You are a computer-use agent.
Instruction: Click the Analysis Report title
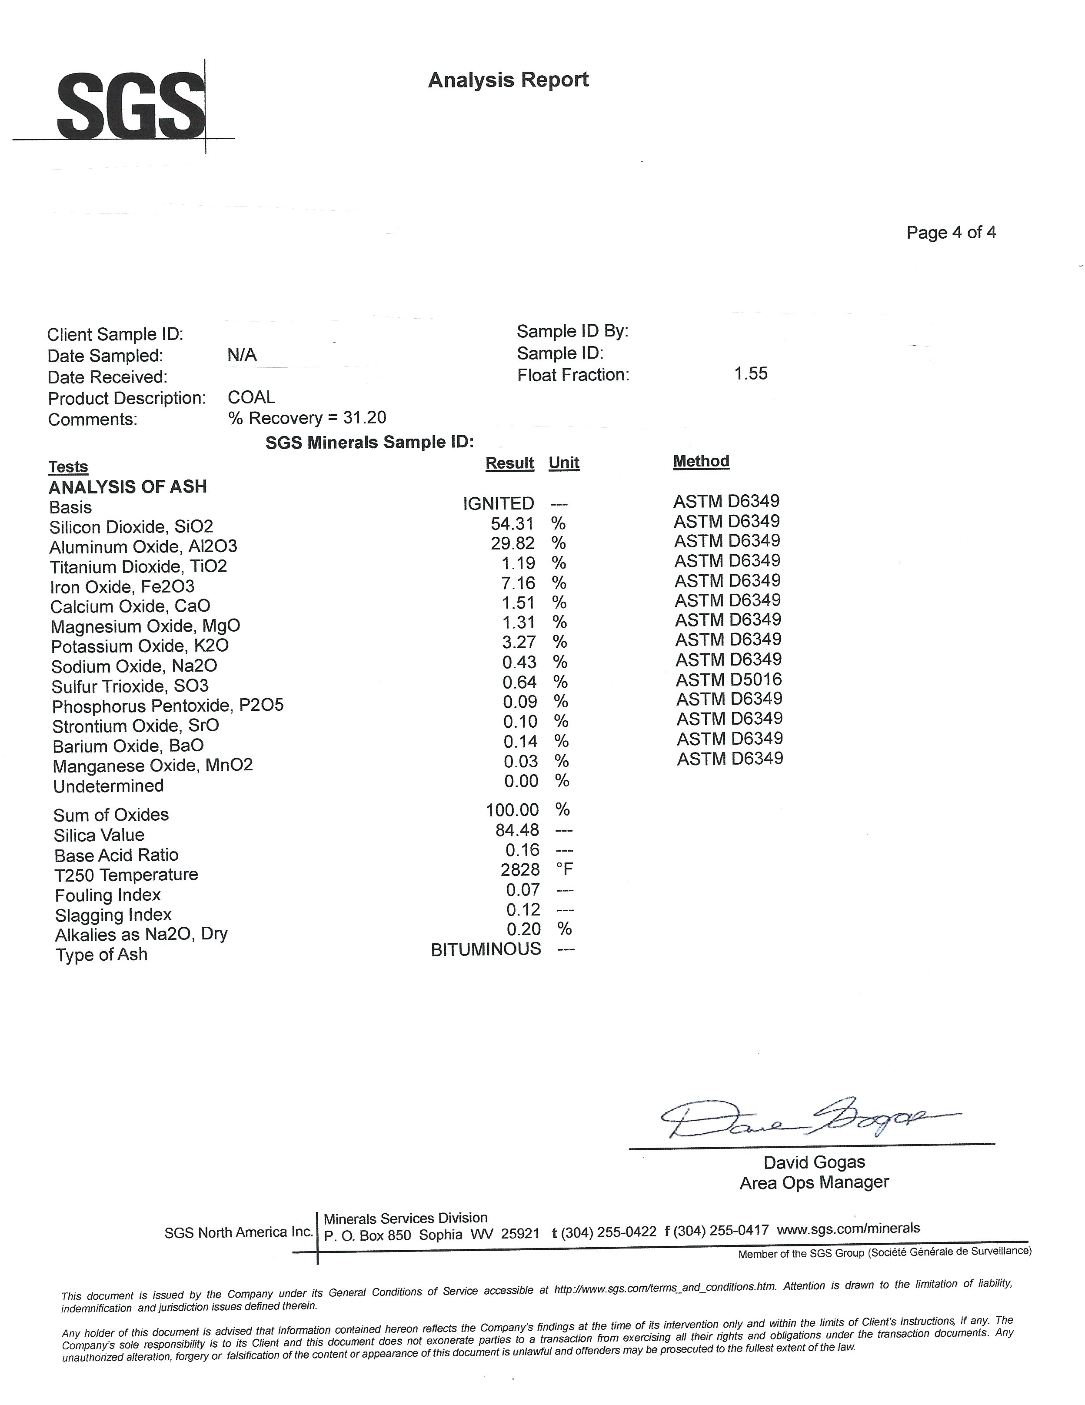(508, 80)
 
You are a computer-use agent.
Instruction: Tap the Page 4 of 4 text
(951, 233)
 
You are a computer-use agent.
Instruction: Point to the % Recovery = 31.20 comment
(307, 418)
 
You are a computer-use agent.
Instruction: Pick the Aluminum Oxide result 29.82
(512, 543)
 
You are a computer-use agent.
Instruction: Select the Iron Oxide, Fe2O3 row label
(122, 587)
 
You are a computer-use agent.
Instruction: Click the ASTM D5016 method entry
(729, 679)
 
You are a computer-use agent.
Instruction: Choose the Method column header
(701, 461)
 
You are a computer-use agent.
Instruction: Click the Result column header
(509, 463)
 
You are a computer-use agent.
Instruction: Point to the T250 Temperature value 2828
(519, 870)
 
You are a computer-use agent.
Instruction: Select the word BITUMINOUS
(486, 949)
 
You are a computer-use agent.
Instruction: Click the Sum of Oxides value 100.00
(512, 810)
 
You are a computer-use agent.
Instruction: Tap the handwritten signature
(804, 1118)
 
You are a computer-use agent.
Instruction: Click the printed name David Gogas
(814, 1162)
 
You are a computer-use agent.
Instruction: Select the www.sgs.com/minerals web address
(849, 1229)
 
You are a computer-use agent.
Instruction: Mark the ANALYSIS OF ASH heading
(128, 487)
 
